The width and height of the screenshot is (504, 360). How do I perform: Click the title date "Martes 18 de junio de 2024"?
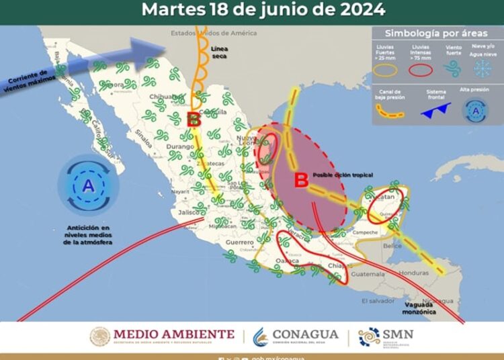263,10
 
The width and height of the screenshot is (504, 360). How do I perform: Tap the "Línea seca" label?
221,52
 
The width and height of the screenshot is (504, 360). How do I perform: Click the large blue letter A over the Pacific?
88,186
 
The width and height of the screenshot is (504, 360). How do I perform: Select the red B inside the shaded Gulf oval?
302,180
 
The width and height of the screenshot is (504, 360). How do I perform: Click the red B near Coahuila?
194,120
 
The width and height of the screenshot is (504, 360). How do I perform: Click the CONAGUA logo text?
305,334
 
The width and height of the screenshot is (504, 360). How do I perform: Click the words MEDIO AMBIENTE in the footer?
174,334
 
